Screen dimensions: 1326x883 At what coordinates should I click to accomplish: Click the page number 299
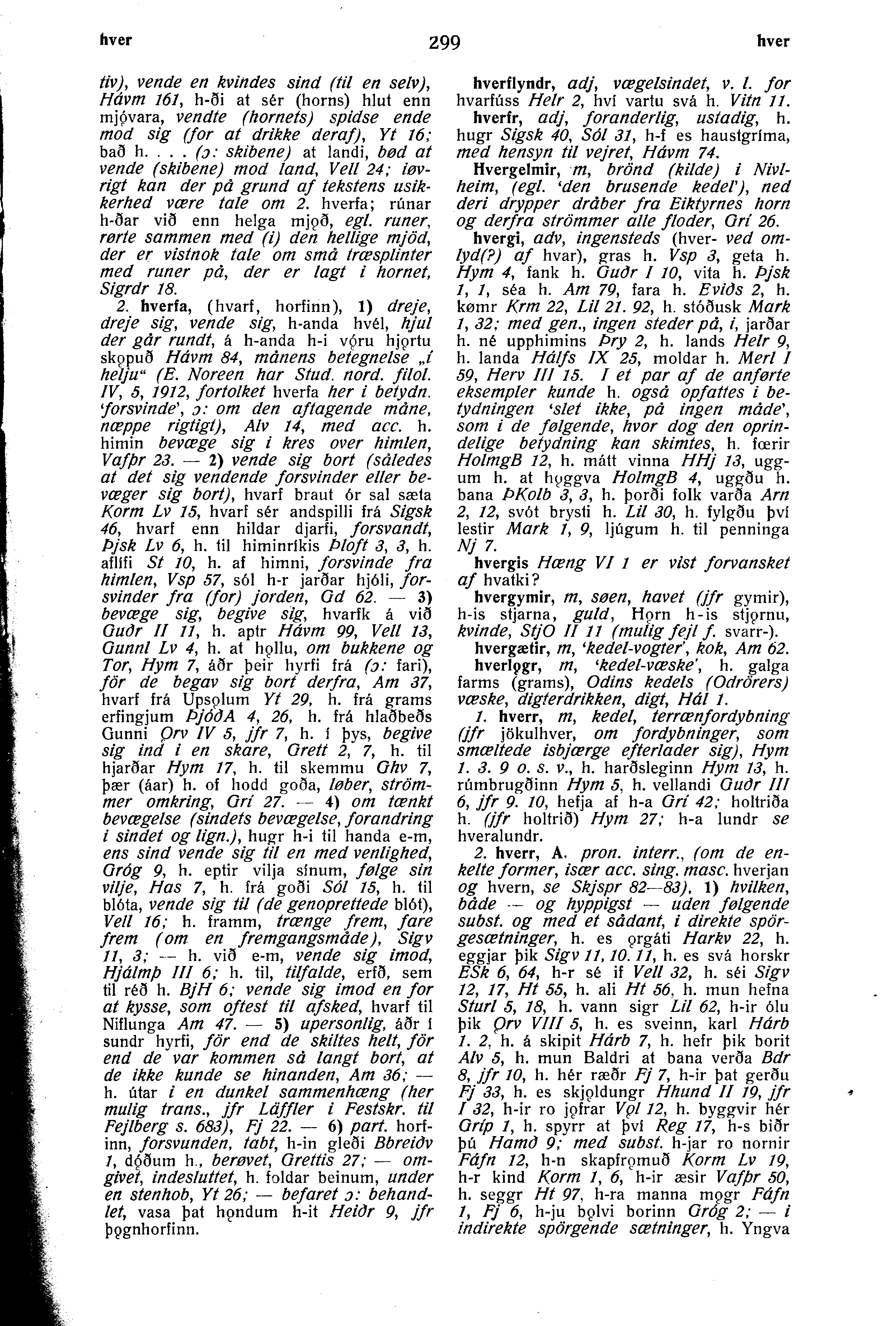pos(444,43)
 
